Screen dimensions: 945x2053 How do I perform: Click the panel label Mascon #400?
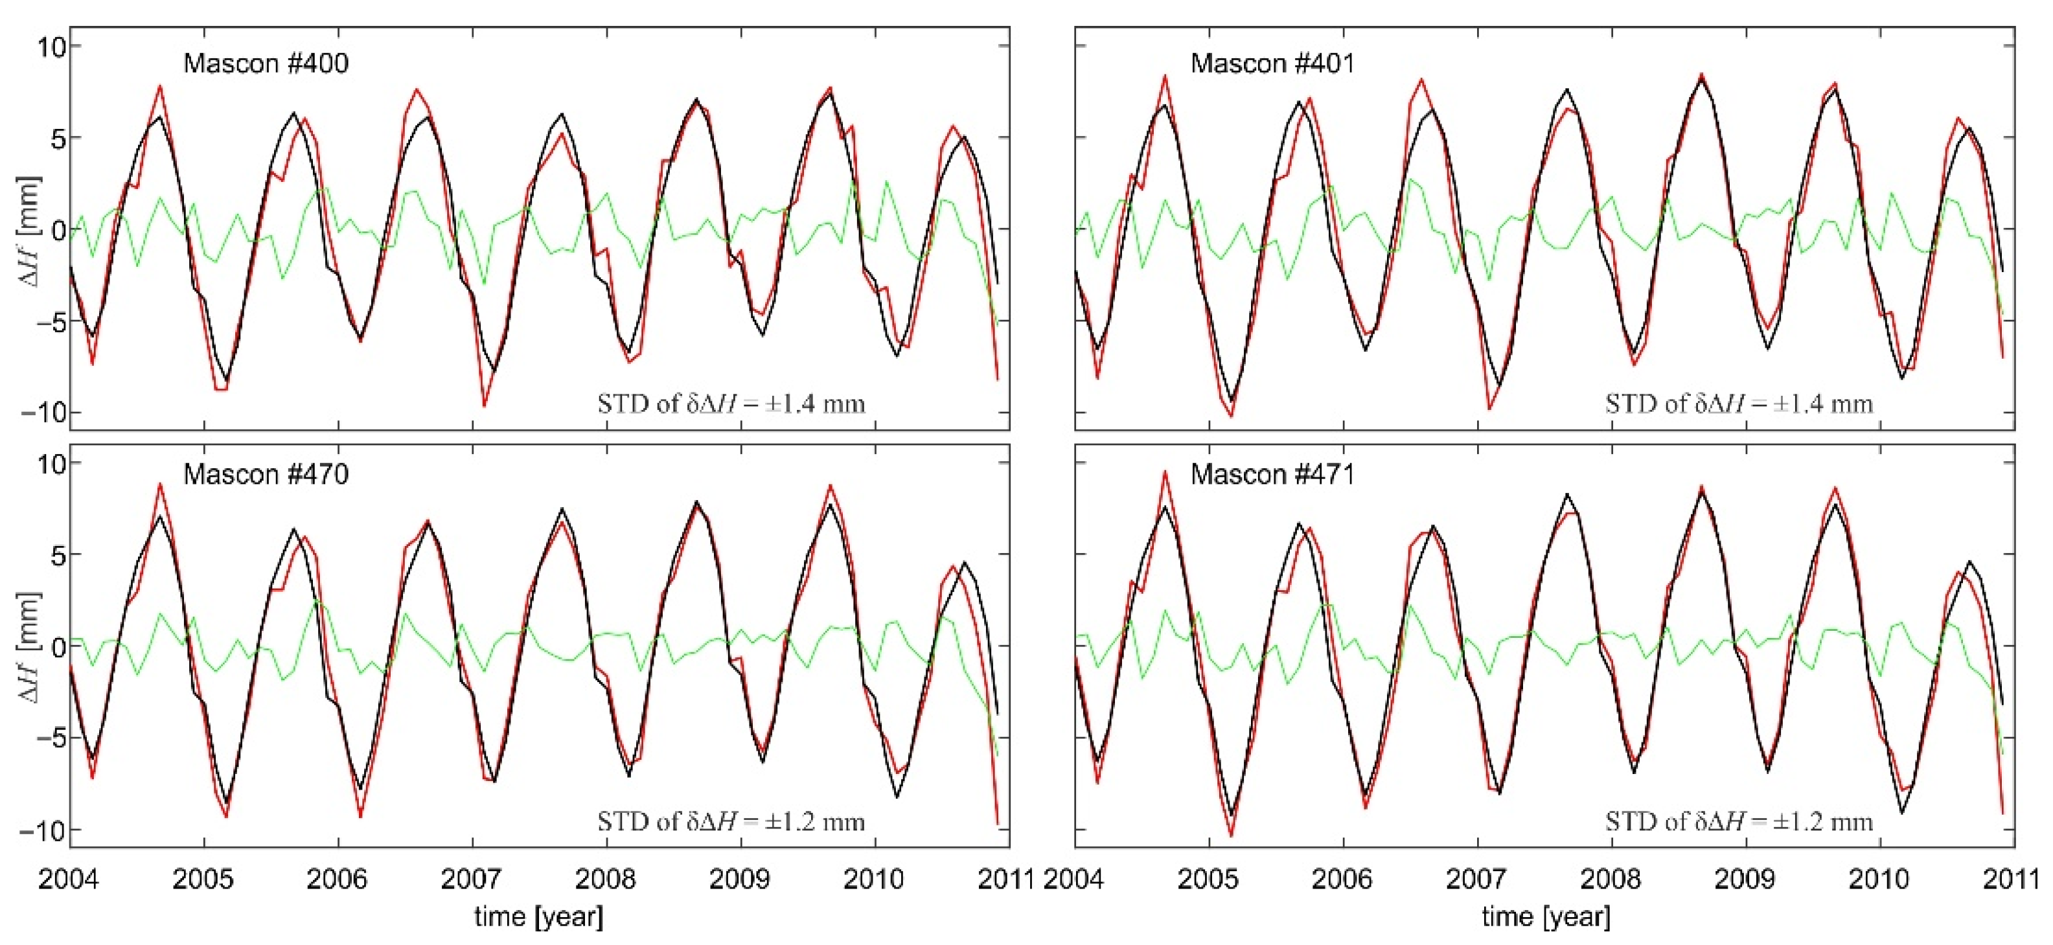[266, 63]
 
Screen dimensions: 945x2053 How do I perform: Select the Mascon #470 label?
[266, 474]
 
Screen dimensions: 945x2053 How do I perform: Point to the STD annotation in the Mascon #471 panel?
[1738, 821]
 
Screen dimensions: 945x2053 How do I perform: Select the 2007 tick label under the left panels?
[472, 879]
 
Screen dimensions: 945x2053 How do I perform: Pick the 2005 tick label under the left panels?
[204, 879]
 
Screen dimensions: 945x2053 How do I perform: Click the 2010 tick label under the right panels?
[1881, 879]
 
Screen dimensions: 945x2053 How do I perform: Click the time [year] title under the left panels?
[539, 917]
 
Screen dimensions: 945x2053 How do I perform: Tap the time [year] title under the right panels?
[1545, 917]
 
